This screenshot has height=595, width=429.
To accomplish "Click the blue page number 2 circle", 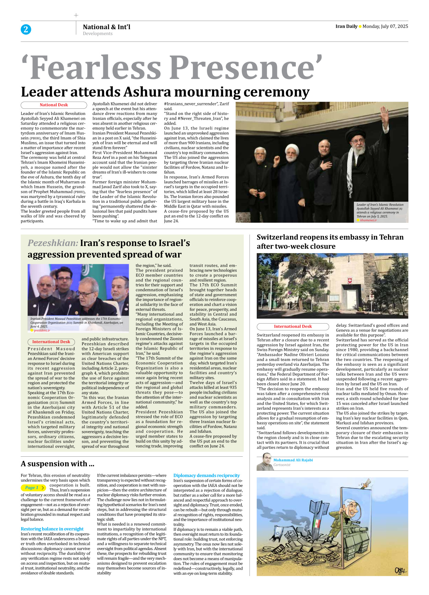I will pyautogui.click(x=26, y=30).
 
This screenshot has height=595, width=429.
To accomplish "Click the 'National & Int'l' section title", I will pyautogui.click(x=106, y=27).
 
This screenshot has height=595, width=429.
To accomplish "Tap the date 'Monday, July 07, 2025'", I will pyautogui.click(x=385, y=26).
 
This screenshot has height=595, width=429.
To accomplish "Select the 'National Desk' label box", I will pyautogui.click(x=54, y=105).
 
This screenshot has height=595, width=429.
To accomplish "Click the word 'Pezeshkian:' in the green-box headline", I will pyautogui.click(x=53, y=243).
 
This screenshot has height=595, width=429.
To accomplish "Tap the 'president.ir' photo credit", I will pyautogui.click(x=42, y=330).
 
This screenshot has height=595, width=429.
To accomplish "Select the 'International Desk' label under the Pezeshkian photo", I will pyautogui.click(x=51, y=342).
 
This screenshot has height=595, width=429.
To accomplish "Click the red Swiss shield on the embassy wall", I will pyautogui.click(x=350, y=281).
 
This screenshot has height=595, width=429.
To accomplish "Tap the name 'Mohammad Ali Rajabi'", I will pyautogui.click(x=293, y=460).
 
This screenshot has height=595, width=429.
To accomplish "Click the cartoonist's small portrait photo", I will pyautogui.click(x=264, y=462).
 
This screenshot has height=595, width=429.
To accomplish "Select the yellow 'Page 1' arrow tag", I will pyautogui.click(x=33, y=488).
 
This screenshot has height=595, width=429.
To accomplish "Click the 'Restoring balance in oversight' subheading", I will pyautogui.click(x=52, y=529).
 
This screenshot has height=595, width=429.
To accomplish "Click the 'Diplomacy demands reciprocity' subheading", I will pyautogui.click(x=207, y=475).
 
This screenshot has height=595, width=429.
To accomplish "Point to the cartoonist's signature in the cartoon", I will pyautogui.click(x=400, y=571).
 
